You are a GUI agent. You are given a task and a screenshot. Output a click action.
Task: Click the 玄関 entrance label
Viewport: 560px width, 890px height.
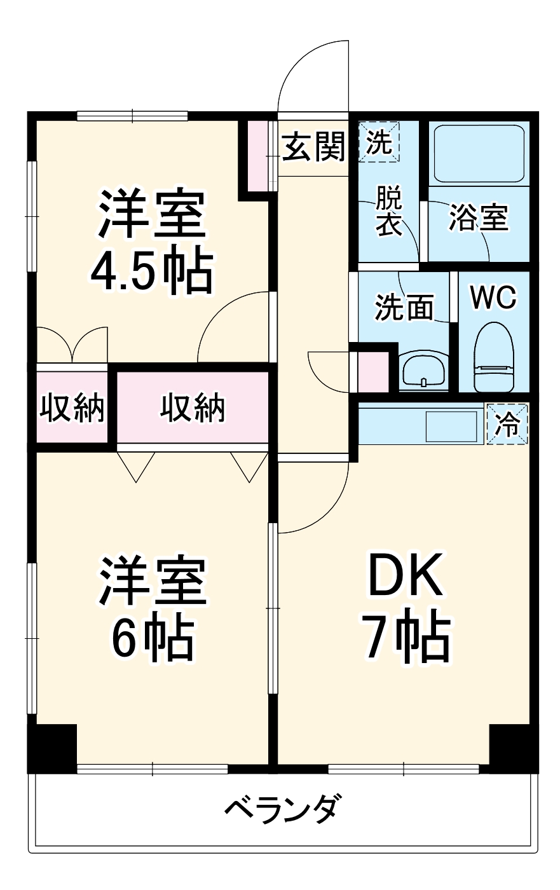(x=313, y=147)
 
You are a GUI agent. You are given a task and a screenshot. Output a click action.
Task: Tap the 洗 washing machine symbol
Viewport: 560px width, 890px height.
(x=379, y=142)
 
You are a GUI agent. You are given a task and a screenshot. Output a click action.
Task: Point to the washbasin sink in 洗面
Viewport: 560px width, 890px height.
(x=423, y=371)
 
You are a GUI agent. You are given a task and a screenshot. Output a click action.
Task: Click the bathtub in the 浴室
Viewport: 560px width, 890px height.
(x=479, y=153)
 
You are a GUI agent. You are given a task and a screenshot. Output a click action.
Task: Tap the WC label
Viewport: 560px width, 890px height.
(x=493, y=297)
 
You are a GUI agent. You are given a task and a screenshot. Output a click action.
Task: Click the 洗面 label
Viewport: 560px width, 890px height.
(x=404, y=307)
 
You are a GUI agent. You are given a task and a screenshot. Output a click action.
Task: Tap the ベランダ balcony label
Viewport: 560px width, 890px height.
(x=280, y=809)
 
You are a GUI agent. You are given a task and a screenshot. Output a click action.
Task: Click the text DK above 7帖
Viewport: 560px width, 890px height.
(x=406, y=573)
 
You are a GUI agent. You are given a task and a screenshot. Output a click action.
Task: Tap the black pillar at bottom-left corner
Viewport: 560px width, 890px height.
(x=52, y=748)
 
